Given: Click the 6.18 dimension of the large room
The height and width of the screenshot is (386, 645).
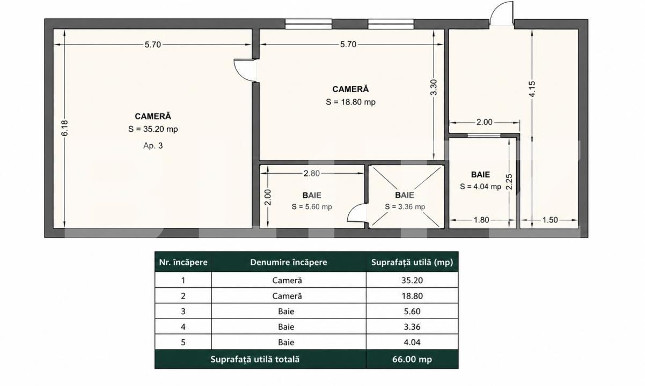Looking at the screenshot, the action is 64,128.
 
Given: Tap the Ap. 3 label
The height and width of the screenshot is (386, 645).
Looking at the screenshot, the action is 153,145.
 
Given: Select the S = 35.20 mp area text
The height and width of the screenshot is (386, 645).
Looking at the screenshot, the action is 153,129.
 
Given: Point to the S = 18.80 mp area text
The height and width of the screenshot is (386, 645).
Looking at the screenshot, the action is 350,102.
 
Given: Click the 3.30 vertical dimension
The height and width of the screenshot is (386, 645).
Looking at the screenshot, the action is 434,87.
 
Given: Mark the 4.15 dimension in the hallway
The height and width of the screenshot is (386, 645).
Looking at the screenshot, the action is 532,89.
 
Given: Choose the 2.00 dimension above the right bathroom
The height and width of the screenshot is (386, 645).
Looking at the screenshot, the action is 485,122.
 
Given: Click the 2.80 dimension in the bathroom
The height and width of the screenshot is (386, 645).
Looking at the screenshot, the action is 312,174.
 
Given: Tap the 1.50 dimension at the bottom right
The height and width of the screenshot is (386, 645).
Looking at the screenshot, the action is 550,220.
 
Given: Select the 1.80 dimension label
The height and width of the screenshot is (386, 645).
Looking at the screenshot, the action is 481,220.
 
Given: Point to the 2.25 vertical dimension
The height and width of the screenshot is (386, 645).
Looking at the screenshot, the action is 509,182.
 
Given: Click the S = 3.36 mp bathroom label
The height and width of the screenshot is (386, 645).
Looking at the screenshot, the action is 405,207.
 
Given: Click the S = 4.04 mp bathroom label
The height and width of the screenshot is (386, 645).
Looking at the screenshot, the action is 480,187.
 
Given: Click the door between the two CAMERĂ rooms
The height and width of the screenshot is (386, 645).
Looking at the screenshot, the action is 245,70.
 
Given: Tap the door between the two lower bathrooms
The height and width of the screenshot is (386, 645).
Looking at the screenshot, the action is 357,213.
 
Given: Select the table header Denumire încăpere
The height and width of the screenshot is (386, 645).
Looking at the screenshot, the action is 289,262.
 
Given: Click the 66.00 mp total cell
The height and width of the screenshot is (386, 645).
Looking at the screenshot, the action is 412,359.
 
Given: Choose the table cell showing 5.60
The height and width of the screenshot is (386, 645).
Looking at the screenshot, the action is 412,311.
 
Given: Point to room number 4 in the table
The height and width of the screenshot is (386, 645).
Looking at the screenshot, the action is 183,326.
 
